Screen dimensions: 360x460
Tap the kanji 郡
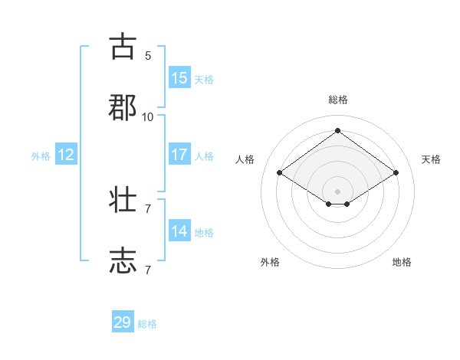123,106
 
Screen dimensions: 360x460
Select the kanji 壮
123,200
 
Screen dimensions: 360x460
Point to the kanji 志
123,260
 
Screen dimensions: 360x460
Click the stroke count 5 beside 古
148,55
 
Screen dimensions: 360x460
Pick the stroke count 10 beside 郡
148,116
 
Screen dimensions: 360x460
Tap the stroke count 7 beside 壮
148,208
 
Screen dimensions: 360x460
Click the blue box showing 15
179,78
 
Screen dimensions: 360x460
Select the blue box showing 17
179,155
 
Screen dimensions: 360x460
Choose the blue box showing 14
179,231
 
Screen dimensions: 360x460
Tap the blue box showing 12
66,155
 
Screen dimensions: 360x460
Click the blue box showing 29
123,322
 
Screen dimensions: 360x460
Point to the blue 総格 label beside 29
147,324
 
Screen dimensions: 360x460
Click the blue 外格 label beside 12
41,156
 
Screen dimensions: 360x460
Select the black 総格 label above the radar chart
338,100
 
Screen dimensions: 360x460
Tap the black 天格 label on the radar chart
432,159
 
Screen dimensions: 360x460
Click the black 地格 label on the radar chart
402,262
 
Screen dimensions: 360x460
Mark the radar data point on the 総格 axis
338,130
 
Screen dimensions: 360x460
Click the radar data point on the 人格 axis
280,173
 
